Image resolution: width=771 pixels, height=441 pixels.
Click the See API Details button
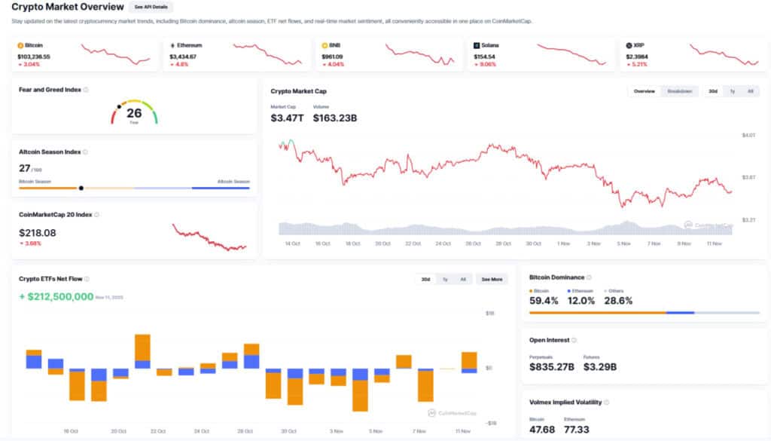click(x=151, y=7)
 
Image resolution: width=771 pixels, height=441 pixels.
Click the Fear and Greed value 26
click(x=134, y=113)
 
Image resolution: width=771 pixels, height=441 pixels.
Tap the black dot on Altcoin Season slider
click(x=81, y=188)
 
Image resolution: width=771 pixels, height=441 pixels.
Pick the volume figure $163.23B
click(x=335, y=118)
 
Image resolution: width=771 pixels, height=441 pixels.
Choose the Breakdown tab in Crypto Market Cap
click(x=680, y=91)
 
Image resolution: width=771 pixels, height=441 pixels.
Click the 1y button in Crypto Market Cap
click(x=731, y=91)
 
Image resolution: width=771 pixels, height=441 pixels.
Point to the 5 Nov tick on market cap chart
click(x=623, y=243)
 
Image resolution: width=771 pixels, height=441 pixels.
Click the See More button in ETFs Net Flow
click(x=492, y=279)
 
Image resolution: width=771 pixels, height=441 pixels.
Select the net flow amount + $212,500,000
click(x=56, y=297)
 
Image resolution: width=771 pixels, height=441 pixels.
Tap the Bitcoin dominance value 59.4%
click(x=544, y=301)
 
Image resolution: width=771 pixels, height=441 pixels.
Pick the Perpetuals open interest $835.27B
click(x=552, y=367)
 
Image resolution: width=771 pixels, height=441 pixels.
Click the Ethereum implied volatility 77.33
click(x=578, y=429)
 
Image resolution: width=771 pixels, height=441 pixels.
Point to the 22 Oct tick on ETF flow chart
click(x=158, y=431)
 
